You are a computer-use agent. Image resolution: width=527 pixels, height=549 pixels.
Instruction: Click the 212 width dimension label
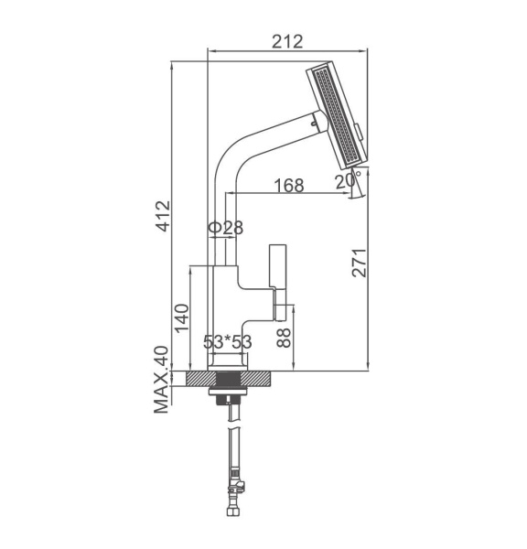pos(287,42)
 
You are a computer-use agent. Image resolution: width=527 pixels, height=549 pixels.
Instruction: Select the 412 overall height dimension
pos(163,216)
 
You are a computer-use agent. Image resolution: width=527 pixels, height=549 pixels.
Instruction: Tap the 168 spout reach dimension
pos(289,186)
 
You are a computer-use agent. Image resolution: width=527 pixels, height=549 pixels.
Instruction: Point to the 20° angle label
pos(348,181)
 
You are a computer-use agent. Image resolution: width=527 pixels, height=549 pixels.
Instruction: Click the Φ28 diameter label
pos(226,228)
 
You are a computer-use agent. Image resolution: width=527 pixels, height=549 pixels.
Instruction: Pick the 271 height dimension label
pos(360,263)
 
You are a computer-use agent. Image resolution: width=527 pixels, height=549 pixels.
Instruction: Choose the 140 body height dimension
pos(182,318)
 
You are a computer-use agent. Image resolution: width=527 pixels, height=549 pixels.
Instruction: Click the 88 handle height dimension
pos(284,338)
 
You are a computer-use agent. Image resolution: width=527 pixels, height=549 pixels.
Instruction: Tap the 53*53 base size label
pos(228,342)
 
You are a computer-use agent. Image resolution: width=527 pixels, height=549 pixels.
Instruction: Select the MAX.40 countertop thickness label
pos(161,380)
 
